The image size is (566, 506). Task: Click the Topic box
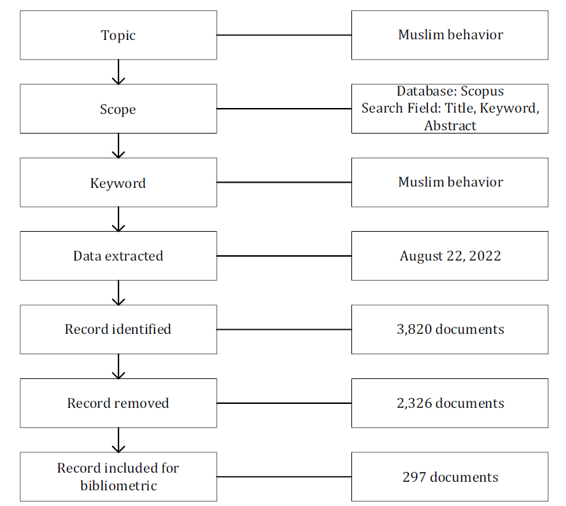tap(118, 35)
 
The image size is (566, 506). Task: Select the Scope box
tap(118, 109)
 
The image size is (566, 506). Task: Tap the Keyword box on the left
tap(118, 183)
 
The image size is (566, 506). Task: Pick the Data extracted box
tap(118, 256)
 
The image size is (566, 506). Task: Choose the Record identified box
tap(118, 329)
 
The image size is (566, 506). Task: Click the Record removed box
tap(118, 403)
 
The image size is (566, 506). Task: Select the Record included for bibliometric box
tap(118, 477)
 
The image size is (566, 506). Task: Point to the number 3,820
tap(414, 329)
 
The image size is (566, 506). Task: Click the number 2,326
tap(414, 403)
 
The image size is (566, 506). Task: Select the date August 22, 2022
tap(450, 256)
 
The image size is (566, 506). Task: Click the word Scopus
tap(482, 91)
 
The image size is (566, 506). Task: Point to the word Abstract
tap(450, 126)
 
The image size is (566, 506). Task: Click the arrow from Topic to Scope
tap(118, 72)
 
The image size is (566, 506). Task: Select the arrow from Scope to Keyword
tap(118, 145)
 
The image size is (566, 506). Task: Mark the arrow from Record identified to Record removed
tap(118, 366)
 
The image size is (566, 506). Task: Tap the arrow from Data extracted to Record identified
tap(118, 293)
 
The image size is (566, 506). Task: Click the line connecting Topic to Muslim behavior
tap(284, 35)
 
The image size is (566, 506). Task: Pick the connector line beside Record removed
tap(284, 403)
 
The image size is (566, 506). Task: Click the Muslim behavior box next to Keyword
tap(450, 183)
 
